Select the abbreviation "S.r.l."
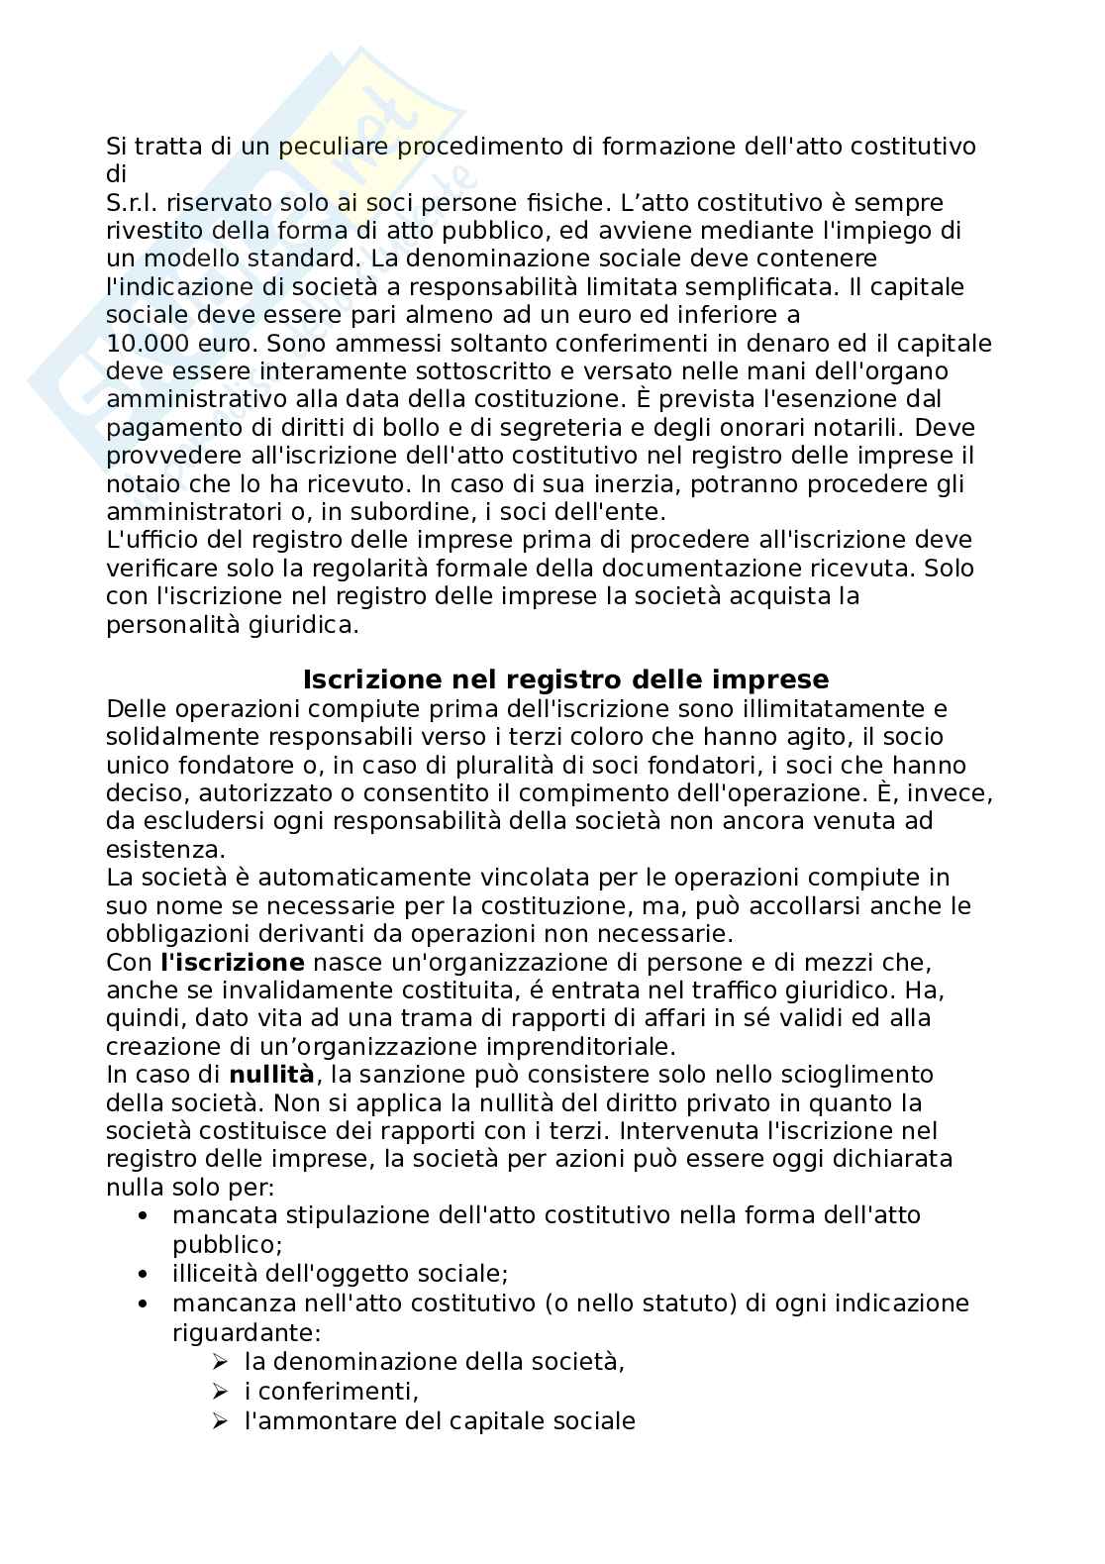point(133,203)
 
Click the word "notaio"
point(137,484)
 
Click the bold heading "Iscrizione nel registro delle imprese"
point(565,679)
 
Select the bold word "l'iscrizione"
point(233,962)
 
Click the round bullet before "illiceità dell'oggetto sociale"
point(145,1274)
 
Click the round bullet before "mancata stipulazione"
point(145,1215)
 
